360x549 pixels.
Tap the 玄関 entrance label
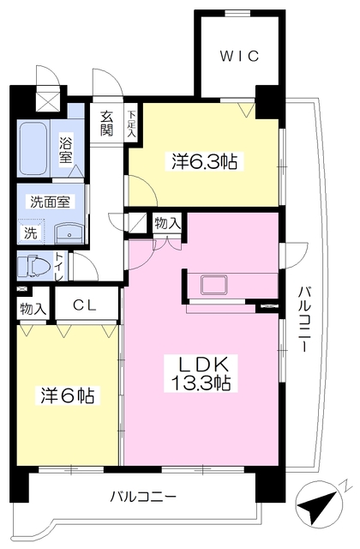point(106,124)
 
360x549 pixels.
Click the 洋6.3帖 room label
point(204,160)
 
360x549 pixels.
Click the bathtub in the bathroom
point(37,147)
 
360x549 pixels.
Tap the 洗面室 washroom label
point(51,202)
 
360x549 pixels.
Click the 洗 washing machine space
point(30,232)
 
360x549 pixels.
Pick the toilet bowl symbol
point(34,266)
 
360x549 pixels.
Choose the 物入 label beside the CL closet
point(32,307)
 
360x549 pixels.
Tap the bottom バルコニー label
point(143,496)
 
